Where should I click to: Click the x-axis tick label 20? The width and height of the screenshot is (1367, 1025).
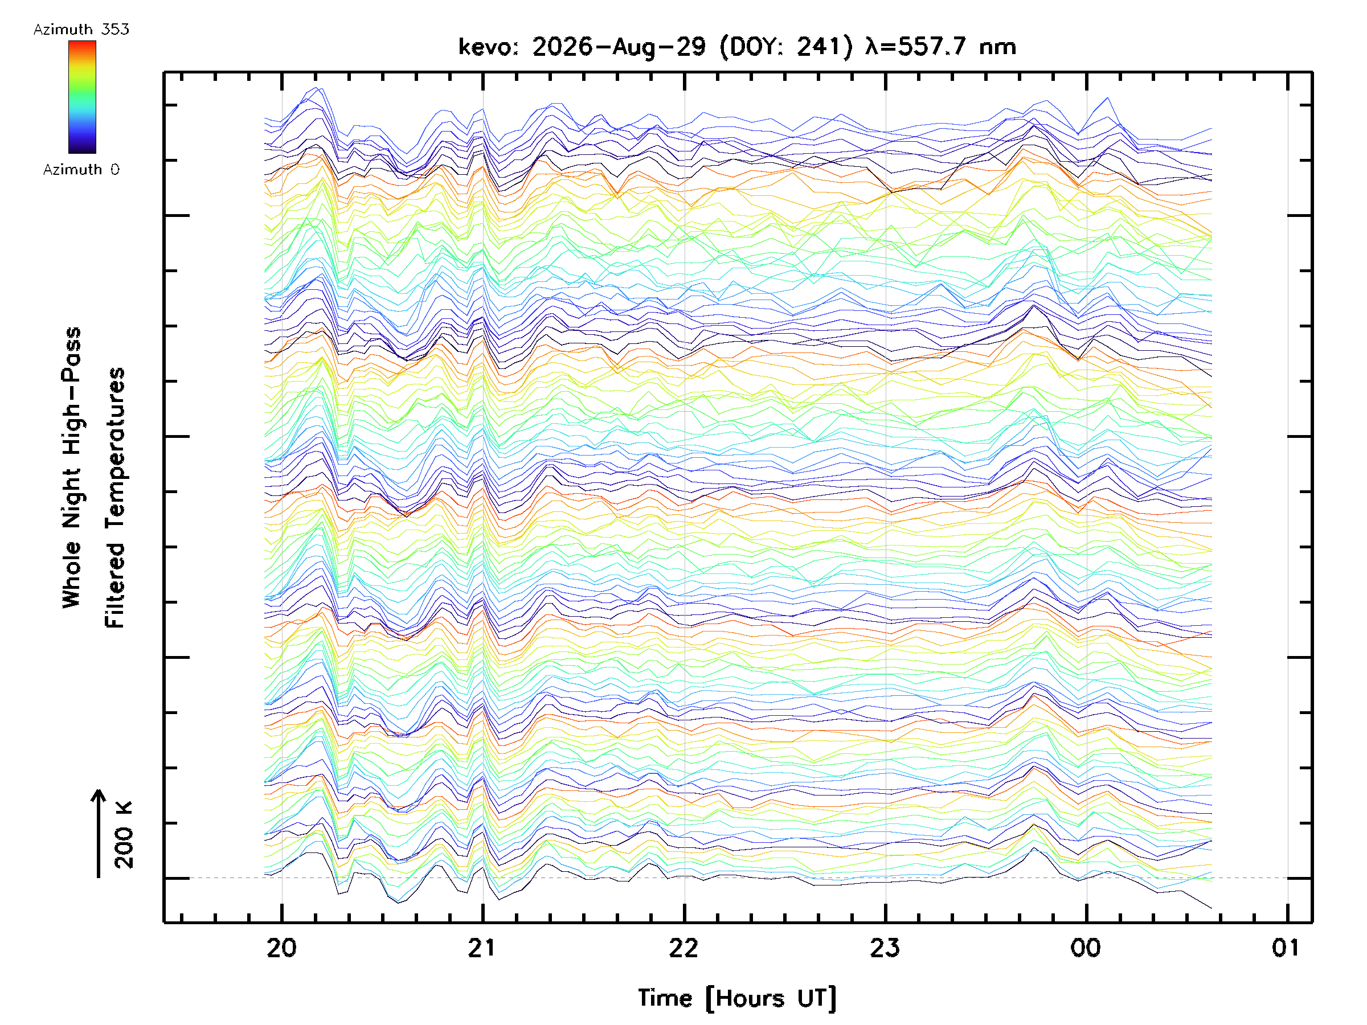(281, 948)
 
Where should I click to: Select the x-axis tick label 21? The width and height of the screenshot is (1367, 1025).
(482, 948)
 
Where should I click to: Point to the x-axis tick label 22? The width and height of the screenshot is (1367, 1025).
(683, 948)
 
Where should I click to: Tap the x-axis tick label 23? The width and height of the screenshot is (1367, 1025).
(885, 948)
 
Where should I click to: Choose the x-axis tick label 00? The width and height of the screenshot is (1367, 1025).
(1086, 948)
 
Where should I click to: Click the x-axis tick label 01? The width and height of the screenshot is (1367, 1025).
(1287, 948)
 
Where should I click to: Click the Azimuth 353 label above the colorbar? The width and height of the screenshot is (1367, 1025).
(81, 30)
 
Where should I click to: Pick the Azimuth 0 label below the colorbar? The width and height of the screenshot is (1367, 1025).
(81, 169)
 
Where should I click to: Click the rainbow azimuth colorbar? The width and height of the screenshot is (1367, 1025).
(82, 97)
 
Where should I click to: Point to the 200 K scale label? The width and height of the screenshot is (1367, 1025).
(124, 835)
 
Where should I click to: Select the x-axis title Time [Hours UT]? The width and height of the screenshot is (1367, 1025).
(736, 998)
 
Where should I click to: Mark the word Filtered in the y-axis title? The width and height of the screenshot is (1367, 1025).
(114, 586)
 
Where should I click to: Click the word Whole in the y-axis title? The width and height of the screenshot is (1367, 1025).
(72, 575)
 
